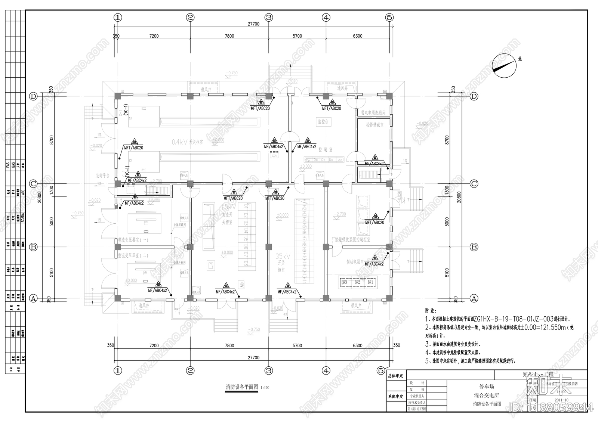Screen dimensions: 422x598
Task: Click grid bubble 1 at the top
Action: click(118, 17)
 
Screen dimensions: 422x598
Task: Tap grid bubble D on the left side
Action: click(34, 96)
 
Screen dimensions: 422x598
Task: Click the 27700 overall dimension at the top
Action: click(253, 24)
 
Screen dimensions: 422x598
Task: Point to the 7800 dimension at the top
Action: click(229, 36)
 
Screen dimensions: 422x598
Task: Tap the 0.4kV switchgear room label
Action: click(187, 142)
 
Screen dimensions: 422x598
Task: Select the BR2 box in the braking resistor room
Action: click(357, 282)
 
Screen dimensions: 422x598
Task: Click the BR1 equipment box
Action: click(370, 282)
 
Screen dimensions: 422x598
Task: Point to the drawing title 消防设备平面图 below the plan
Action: click(242, 387)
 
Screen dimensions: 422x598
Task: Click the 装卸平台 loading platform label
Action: click(102, 175)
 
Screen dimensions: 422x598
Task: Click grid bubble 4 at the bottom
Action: click(326, 371)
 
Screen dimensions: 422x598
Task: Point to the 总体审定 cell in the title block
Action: click(395, 376)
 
